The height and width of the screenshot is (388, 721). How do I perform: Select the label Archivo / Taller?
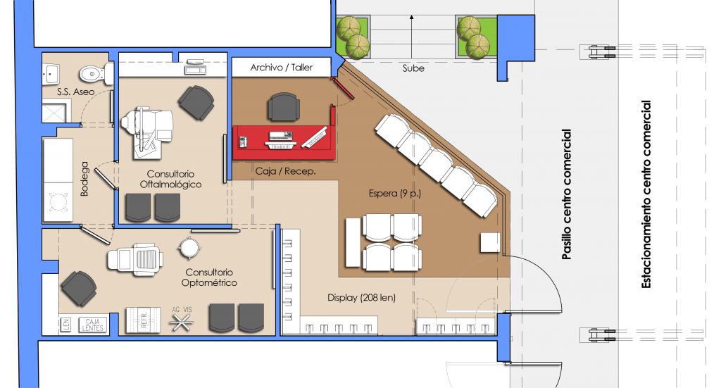[x=282, y=68]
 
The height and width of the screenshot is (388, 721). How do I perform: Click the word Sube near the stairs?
[x=413, y=68]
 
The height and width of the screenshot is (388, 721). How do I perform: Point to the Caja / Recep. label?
[x=286, y=172]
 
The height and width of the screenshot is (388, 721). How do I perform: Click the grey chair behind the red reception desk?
[x=283, y=106]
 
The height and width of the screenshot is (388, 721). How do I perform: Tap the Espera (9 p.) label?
[x=395, y=193]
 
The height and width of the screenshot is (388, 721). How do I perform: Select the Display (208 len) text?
[x=361, y=297]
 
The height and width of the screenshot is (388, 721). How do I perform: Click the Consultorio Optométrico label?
[x=209, y=277]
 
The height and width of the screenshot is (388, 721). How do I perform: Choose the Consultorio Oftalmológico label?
[x=170, y=180]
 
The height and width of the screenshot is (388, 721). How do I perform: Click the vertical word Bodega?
[x=84, y=179]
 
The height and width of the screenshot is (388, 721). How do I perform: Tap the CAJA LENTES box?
[x=92, y=325]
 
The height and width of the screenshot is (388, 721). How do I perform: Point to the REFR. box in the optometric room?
[x=144, y=319]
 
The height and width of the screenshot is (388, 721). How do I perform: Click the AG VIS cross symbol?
[x=181, y=323]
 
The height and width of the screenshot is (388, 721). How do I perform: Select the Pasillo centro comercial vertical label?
[x=567, y=194]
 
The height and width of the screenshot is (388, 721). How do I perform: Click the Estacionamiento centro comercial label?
[x=646, y=194]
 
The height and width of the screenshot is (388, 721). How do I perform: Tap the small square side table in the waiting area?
[x=490, y=243]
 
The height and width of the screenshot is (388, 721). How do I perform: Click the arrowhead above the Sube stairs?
[x=411, y=18]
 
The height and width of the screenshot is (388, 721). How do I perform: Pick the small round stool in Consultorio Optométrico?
[x=189, y=249]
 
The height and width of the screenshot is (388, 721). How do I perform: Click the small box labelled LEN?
[x=66, y=325]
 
